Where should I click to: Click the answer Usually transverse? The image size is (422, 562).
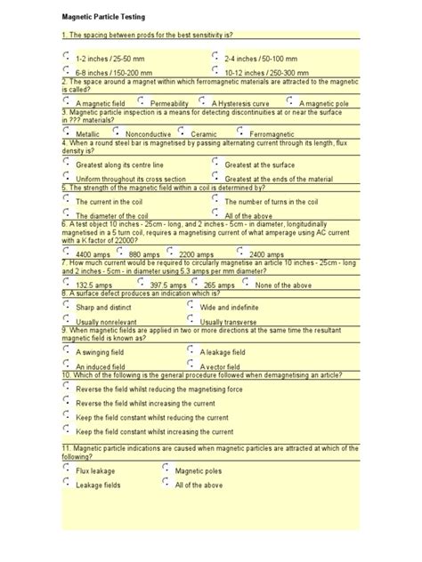[191, 319]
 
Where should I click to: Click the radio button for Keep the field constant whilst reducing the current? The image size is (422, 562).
[68, 415]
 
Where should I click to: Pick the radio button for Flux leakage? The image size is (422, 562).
[68, 469]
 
